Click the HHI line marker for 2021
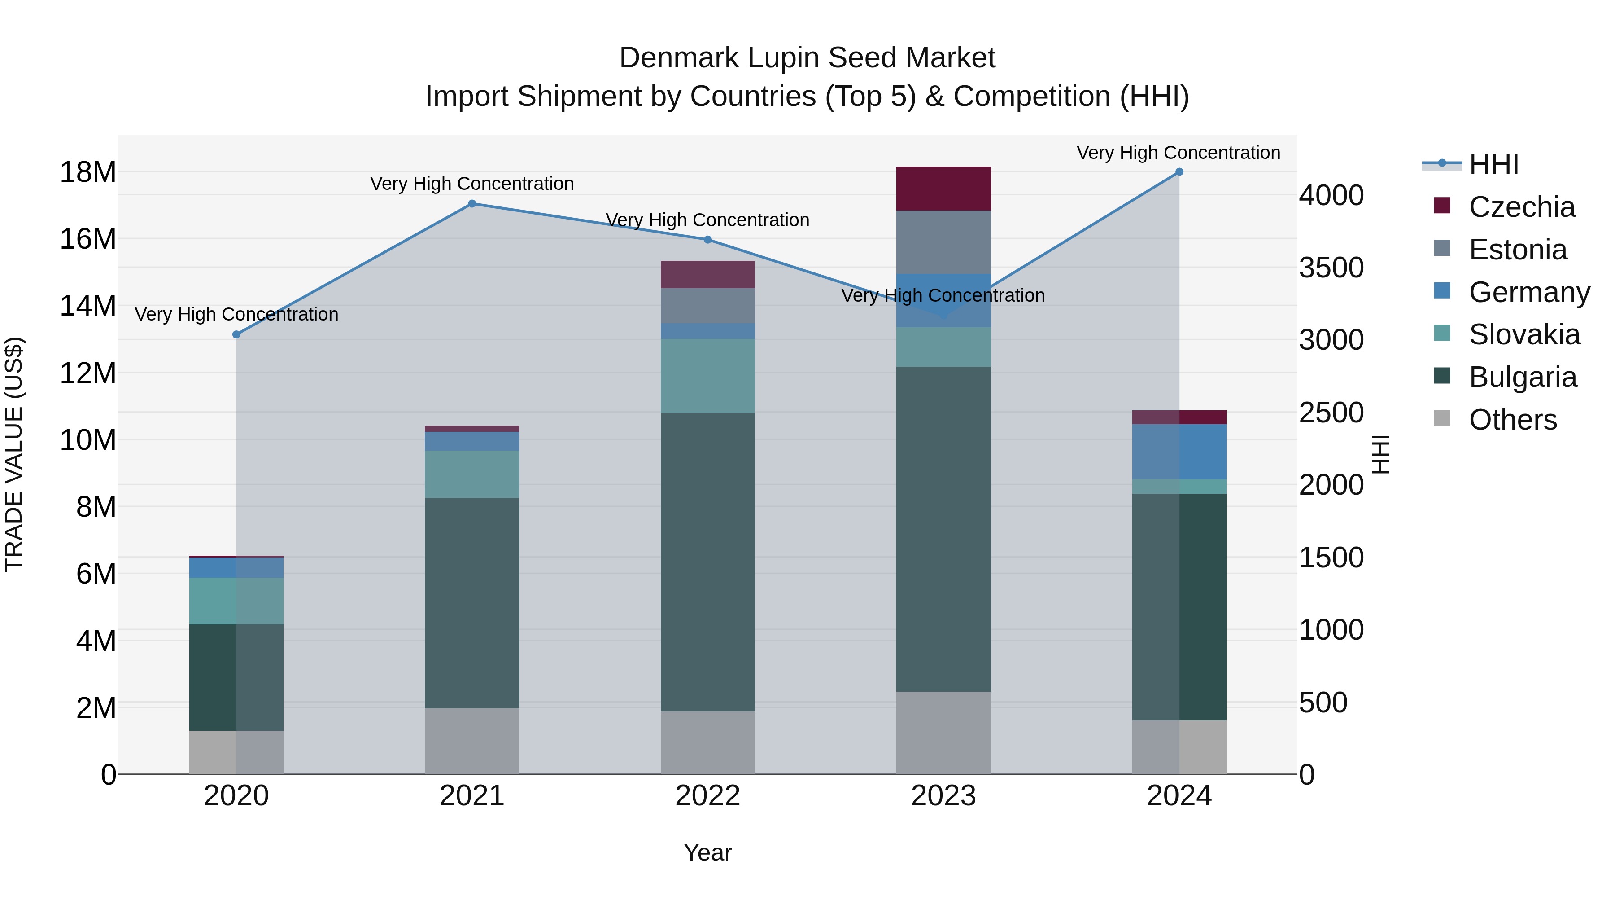pyautogui.click(x=472, y=203)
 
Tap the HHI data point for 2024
pyautogui.click(x=1179, y=172)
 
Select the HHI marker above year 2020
pyautogui.click(x=236, y=334)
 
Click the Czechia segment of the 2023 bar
pyautogui.click(x=943, y=188)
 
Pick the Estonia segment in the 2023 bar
pyautogui.click(x=943, y=242)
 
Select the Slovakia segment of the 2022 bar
pyautogui.click(x=708, y=376)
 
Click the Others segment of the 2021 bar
pyautogui.click(x=472, y=741)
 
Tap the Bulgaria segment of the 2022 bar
pyautogui.click(x=708, y=562)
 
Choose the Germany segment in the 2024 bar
pyautogui.click(x=1179, y=452)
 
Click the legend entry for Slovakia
pyautogui.click(x=1523, y=334)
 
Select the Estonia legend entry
pyautogui.click(x=1517, y=250)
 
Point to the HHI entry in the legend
pyautogui.click(x=1493, y=164)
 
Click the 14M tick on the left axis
pyautogui.click(x=88, y=306)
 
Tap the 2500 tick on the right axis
pyautogui.click(x=1331, y=413)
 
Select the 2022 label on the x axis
pyautogui.click(x=708, y=796)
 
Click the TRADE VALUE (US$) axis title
pyautogui.click(x=14, y=454)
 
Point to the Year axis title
pyautogui.click(x=708, y=852)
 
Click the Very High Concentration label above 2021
pyautogui.click(x=472, y=184)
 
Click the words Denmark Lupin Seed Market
pyautogui.click(x=807, y=58)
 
